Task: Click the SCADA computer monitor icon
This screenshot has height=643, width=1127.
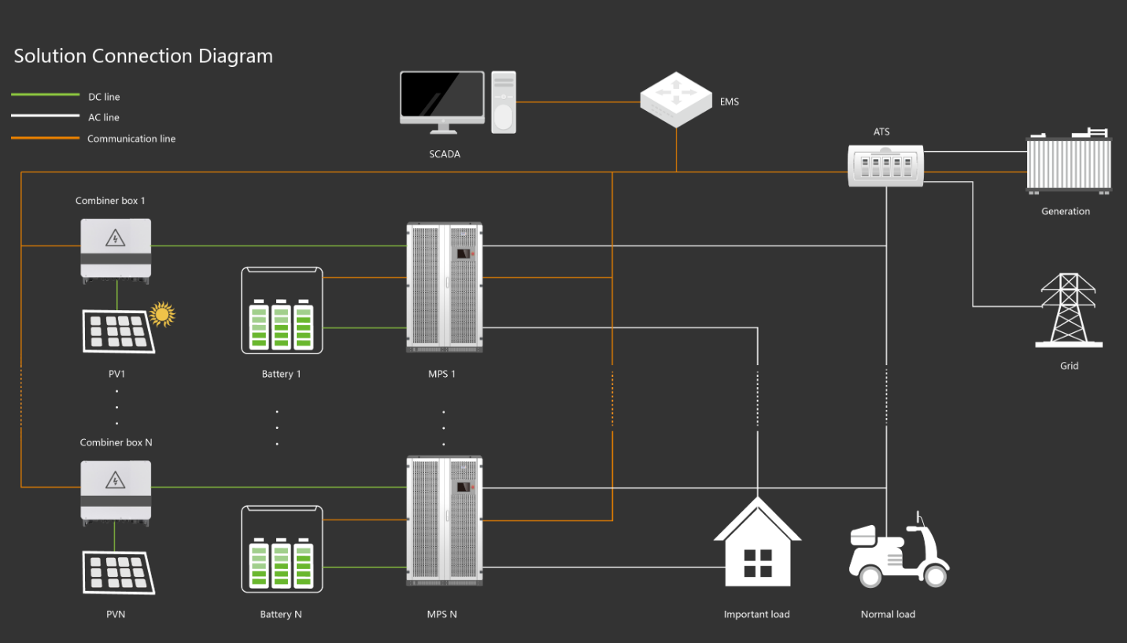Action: (x=442, y=98)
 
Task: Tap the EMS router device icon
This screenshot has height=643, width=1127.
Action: (x=676, y=99)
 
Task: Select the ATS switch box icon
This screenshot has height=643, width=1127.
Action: (x=886, y=164)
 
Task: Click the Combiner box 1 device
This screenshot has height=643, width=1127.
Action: (x=116, y=249)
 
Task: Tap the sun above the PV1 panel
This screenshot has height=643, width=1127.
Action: (x=162, y=314)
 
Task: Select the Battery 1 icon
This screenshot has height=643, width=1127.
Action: (x=282, y=311)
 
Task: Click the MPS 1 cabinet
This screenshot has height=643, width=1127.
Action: (x=444, y=287)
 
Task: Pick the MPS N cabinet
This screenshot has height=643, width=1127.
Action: (x=444, y=520)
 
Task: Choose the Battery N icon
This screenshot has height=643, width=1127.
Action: (x=282, y=549)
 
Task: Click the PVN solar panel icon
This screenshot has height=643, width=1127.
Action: (x=118, y=572)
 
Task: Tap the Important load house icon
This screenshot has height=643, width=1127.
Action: (x=757, y=544)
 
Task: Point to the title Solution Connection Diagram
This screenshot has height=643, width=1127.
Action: (x=143, y=57)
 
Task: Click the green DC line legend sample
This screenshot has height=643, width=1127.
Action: (x=45, y=95)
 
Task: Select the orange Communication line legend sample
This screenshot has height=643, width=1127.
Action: (x=45, y=139)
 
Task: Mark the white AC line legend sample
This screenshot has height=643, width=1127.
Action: (x=45, y=116)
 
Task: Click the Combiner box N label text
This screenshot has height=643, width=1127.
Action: (x=116, y=442)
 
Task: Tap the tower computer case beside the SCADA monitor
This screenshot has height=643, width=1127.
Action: (x=504, y=102)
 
